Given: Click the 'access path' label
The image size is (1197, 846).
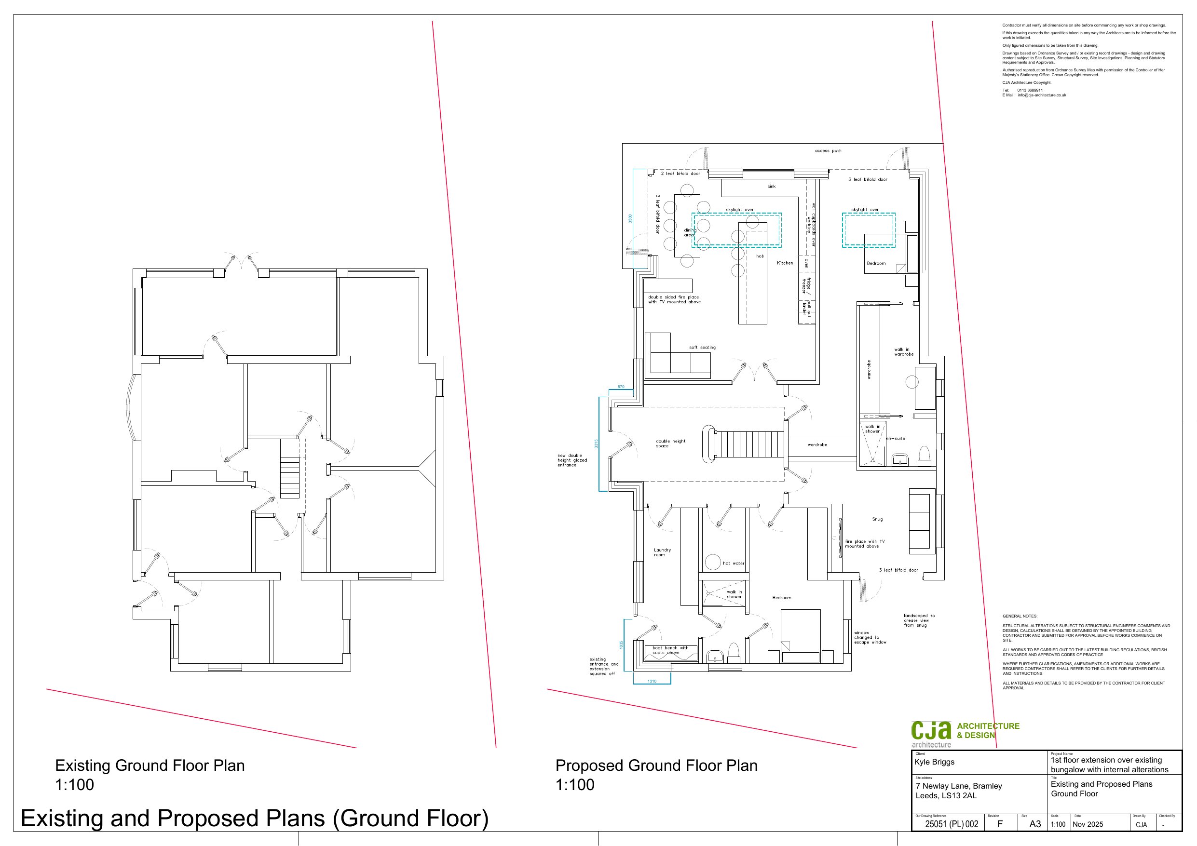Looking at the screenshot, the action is (828, 151).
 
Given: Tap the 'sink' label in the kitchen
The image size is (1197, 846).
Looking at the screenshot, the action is (772, 186).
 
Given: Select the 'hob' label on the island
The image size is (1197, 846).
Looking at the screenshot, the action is (760, 256).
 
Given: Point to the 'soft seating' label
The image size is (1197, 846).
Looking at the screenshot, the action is (702, 347).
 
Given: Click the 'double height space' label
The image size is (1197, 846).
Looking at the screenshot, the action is (671, 443).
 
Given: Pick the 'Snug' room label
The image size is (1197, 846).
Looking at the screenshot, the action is (877, 519).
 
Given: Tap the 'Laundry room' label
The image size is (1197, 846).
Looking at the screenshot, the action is (663, 552).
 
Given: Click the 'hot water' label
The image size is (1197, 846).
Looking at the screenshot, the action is (734, 563).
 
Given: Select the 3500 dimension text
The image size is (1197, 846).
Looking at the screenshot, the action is (630, 219).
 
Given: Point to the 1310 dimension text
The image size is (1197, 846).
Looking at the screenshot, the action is (652, 681).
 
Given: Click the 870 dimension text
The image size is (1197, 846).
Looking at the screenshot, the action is (621, 387).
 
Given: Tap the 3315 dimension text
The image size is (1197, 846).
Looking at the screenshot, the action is (597, 443).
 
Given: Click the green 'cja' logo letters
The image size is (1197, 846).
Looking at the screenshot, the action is (931, 730).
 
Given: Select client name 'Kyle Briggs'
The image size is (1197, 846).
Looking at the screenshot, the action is (934, 762).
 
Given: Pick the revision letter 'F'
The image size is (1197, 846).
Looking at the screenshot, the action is (1000, 824).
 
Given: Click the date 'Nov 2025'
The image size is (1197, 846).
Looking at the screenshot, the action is (1088, 824).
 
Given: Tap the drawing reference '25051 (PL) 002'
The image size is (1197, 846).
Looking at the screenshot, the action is (952, 824).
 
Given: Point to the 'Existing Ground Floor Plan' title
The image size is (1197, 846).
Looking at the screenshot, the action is (150, 765).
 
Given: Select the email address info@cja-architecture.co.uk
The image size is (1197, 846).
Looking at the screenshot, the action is (1042, 95).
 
